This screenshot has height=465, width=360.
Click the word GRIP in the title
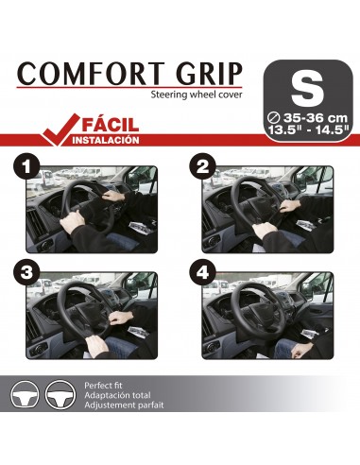(204, 74)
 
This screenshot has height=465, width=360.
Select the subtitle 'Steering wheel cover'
(198, 95)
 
